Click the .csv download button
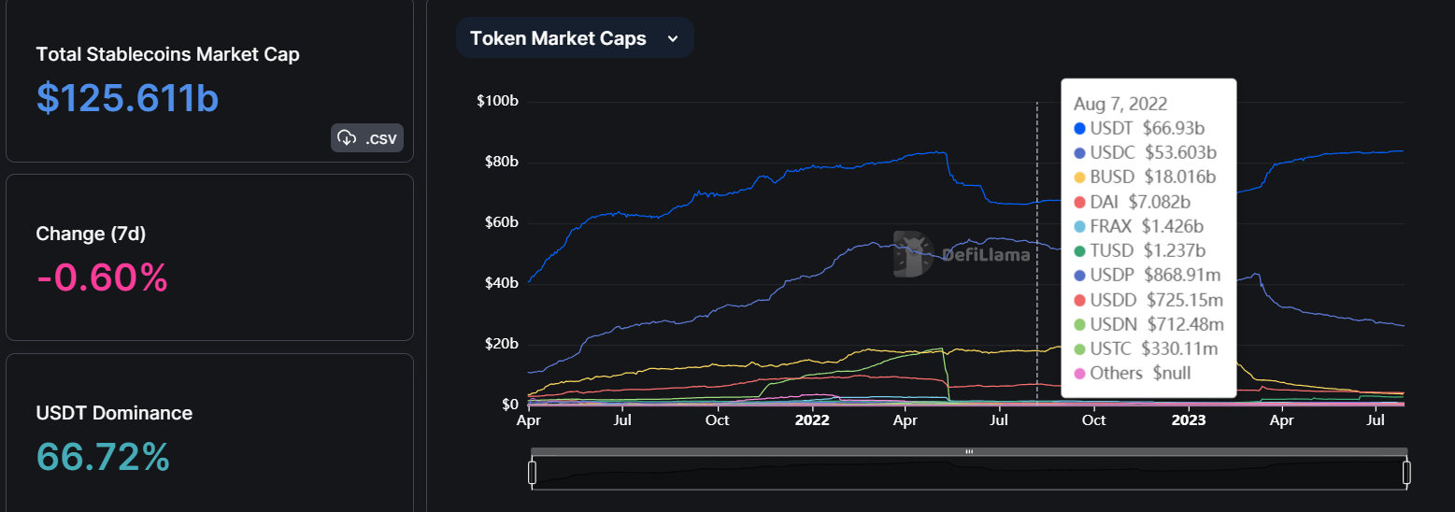click(367, 138)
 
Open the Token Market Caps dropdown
click(574, 38)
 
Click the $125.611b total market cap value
click(128, 97)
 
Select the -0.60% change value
click(102, 277)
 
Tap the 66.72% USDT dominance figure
click(103, 457)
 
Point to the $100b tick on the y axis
click(497, 101)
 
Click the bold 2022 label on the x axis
click(812, 420)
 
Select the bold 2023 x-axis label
click(1189, 420)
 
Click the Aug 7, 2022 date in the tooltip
click(1120, 104)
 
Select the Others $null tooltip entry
click(1133, 373)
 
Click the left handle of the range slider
click(532, 473)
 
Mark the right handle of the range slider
click(1405, 473)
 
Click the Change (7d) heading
click(91, 234)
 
